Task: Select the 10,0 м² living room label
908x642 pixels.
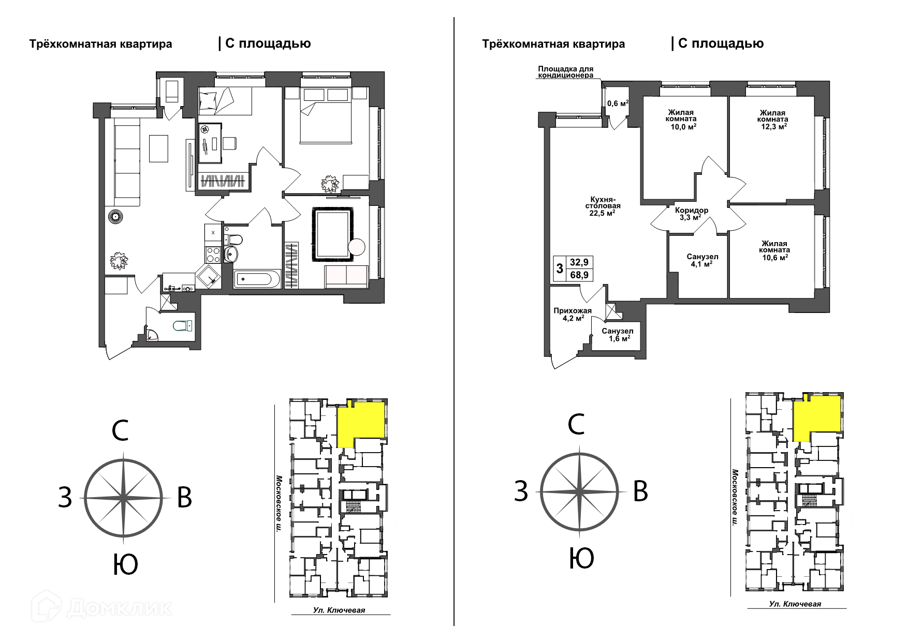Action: pyautogui.click(x=681, y=119)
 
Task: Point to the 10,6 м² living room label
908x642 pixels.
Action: pyautogui.click(x=774, y=250)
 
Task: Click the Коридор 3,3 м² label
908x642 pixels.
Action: pyautogui.click(x=692, y=214)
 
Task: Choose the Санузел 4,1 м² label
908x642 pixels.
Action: pyautogui.click(x=702, y=260)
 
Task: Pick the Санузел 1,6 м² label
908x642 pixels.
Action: pyautogui.click(x=617, y=335)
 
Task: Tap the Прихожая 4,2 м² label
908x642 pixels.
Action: pyautogui.click(x=572, y=315)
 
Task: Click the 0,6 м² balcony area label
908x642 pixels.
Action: pyautogui.click(x=618, y=103)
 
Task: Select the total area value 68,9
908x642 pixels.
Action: pyautogui.click(x=579, y=275)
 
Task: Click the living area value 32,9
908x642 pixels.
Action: pyautogui.click(x=579, y=262)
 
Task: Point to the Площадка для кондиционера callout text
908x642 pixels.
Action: pyautogui.click(x=565, y=72)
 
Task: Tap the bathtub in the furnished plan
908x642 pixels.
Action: pyautogui.click(x=257, y=279)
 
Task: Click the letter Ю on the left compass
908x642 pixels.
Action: pyautogui.click(x=125, y=564)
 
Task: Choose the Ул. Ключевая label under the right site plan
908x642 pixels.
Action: pyautogui.click(x=795, y=604)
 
